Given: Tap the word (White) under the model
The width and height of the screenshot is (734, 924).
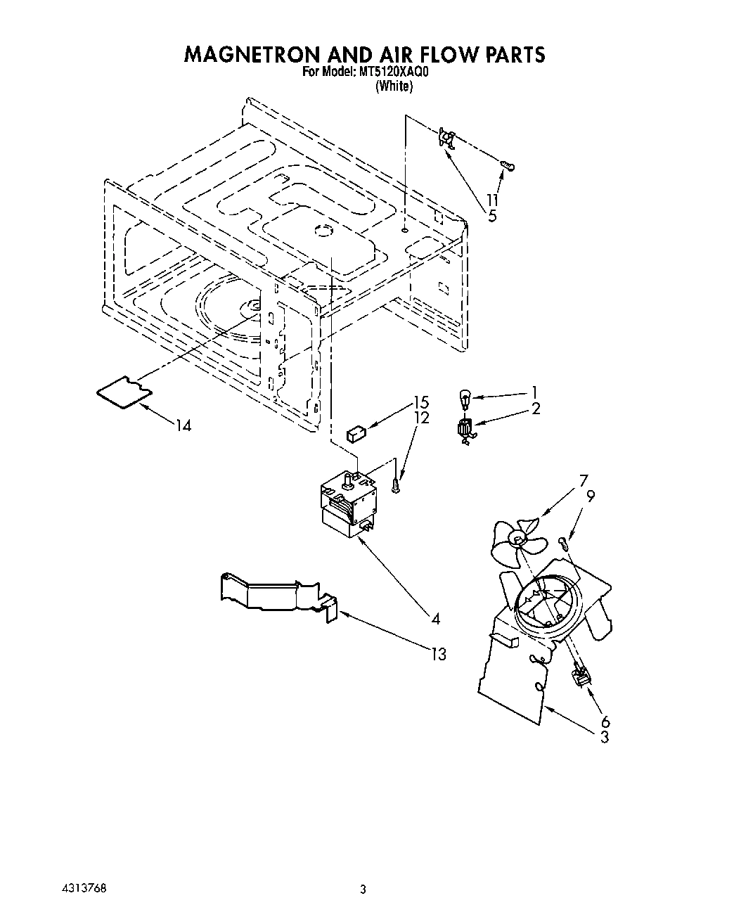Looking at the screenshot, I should (x=394, y=86).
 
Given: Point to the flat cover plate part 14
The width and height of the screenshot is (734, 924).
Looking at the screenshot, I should (x=124, y=390).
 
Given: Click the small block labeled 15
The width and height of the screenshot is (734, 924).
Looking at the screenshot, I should (x=356, y=432).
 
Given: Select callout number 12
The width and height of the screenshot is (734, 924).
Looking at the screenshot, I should (x=420, y=418).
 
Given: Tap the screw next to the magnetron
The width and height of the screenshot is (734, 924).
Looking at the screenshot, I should (x=397, y=486).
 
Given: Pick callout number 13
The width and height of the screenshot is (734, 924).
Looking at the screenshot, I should (x=438, y=655).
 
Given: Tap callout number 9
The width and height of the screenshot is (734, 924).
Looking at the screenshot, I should (x=591, y=496).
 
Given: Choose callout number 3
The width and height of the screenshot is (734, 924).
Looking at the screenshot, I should (x=604, y=737).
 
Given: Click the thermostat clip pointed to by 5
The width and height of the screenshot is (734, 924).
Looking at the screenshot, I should (x=446, y=137).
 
